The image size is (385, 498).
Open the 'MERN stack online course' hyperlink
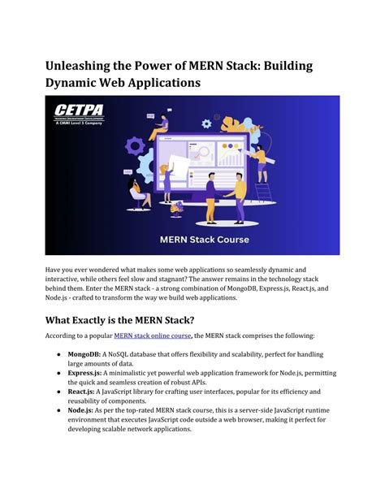tap(153, 335)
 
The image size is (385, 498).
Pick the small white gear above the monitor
tap(205, 123)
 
